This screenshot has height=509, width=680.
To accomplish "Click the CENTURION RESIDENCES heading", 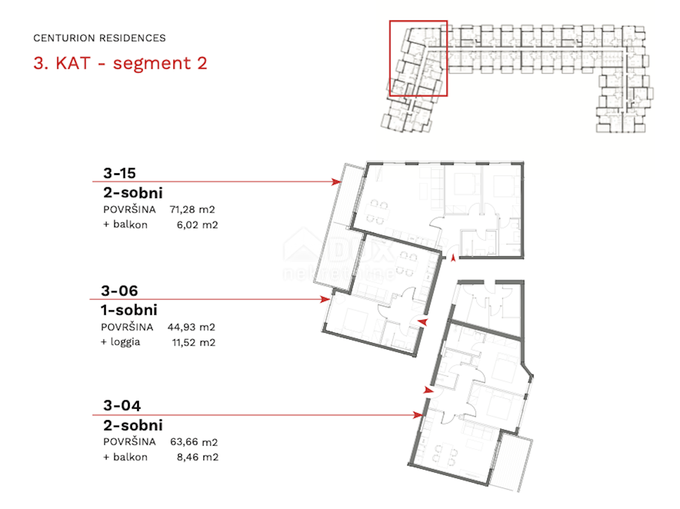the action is (x=99, y=38).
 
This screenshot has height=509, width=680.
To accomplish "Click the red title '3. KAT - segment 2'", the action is (x=120, y=63).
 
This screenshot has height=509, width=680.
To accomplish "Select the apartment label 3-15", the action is (x=120, y=173).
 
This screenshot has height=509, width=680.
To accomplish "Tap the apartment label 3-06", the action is (x=119, y=291).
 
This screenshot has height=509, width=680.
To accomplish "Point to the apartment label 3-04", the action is (x=122, y=405).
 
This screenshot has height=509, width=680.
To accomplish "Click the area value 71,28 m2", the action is (x=192, y=209).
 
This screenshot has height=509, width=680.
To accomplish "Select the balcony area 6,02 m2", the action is (x=197, y=225).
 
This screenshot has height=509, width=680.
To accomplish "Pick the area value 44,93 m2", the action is (x=191, y=327).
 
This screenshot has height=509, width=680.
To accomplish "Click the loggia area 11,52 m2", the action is (x=194, y=343).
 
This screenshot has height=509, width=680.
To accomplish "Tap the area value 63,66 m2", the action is (x=194, y=442).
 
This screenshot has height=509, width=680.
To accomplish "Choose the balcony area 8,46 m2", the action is (x=198, y=457).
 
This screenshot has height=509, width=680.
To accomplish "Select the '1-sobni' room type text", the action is (x=129, y=310).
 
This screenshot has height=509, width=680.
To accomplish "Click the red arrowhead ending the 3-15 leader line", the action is (x=336, y=182).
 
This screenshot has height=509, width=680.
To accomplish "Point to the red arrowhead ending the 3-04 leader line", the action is (x=418, y=415).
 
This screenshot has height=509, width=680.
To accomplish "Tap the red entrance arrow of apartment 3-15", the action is (x=453, y=258).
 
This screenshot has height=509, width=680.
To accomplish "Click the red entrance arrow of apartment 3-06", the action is (x=423, y=322).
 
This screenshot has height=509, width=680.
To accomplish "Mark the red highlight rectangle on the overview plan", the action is (x=418, y=58).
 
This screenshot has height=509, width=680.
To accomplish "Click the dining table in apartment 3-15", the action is (x=377, y=212).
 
